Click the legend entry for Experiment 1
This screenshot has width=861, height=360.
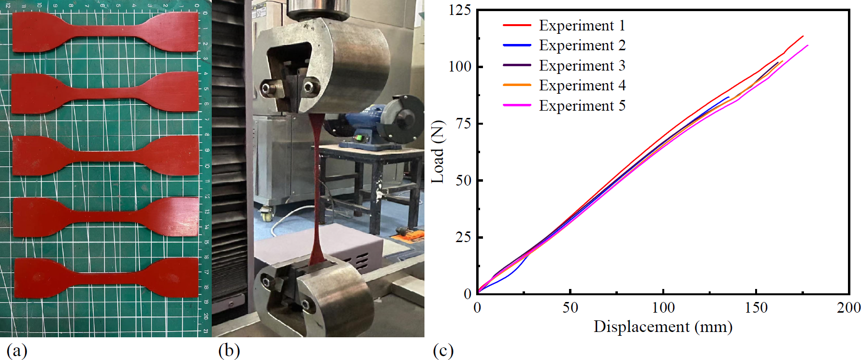click(x=582, y=25)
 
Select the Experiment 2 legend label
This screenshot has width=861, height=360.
click(x=582, y=45)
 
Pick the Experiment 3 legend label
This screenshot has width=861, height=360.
click(x=582, y=65)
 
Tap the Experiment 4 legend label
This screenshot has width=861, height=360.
click(x=582, y=86)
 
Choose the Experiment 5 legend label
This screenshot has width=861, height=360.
click(x=582, y=105)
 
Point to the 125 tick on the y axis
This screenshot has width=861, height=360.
click(x=459, y=10)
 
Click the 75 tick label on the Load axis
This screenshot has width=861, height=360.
click(x=463, y=124)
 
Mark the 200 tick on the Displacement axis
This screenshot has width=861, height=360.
click(x=848, y=307)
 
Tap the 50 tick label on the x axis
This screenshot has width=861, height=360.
click(x=570, y=307)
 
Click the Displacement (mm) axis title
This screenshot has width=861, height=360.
click(x=663, y=327)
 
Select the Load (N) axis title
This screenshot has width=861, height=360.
click(x=438, y=152)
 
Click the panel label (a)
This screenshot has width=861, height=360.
click(x=16, y=350)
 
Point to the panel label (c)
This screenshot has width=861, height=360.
click(x=443, y=350)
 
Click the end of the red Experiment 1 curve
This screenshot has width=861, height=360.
click(x=803, y=36)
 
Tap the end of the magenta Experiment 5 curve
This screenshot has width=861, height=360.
click(x=807, y=45)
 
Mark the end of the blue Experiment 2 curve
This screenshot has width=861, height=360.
click(x=729, y=97)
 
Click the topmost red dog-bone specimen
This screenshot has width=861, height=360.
click(x=105, y=32)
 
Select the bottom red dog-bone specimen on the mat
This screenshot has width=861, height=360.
click(x=106, y=278)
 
